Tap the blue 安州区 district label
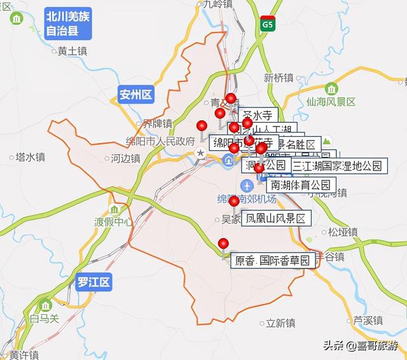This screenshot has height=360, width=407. coord(136,95)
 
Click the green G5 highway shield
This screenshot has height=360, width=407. coord(268,24)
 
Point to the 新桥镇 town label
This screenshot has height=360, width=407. coord(279,78)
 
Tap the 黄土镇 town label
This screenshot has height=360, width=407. coord(72,51)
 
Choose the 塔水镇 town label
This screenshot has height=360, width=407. coord(30,156)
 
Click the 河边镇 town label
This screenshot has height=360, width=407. coord(124,157)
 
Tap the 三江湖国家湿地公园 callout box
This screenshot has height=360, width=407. coord(338,167)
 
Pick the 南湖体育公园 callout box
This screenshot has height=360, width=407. coord(301,186)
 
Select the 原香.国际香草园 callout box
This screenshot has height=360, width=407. coord(275,260)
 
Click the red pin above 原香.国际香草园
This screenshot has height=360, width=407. coord(223,243)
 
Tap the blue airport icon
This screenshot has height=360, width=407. coord(247,185)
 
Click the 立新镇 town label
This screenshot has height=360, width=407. coord(280,322)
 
